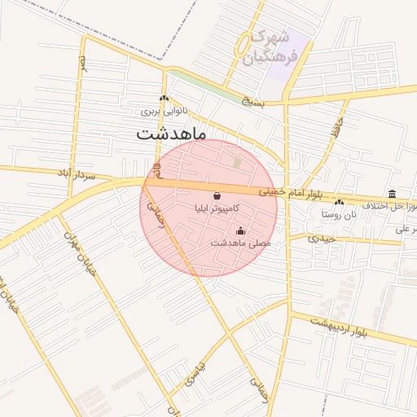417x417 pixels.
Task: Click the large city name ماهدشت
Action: (172, 132)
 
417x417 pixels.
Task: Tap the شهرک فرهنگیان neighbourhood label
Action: (270, 46)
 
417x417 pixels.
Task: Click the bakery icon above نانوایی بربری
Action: (165, 99)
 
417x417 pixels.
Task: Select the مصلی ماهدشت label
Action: (239, 243)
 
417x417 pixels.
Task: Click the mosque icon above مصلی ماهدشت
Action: (239, 230)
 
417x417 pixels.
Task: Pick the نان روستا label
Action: (339, 214)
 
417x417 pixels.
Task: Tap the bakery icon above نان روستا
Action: (339, 203)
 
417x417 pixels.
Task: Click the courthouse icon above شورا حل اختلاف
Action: (393, 194)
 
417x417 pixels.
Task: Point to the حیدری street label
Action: (321, 239)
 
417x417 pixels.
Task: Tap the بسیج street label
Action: (254, 101)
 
